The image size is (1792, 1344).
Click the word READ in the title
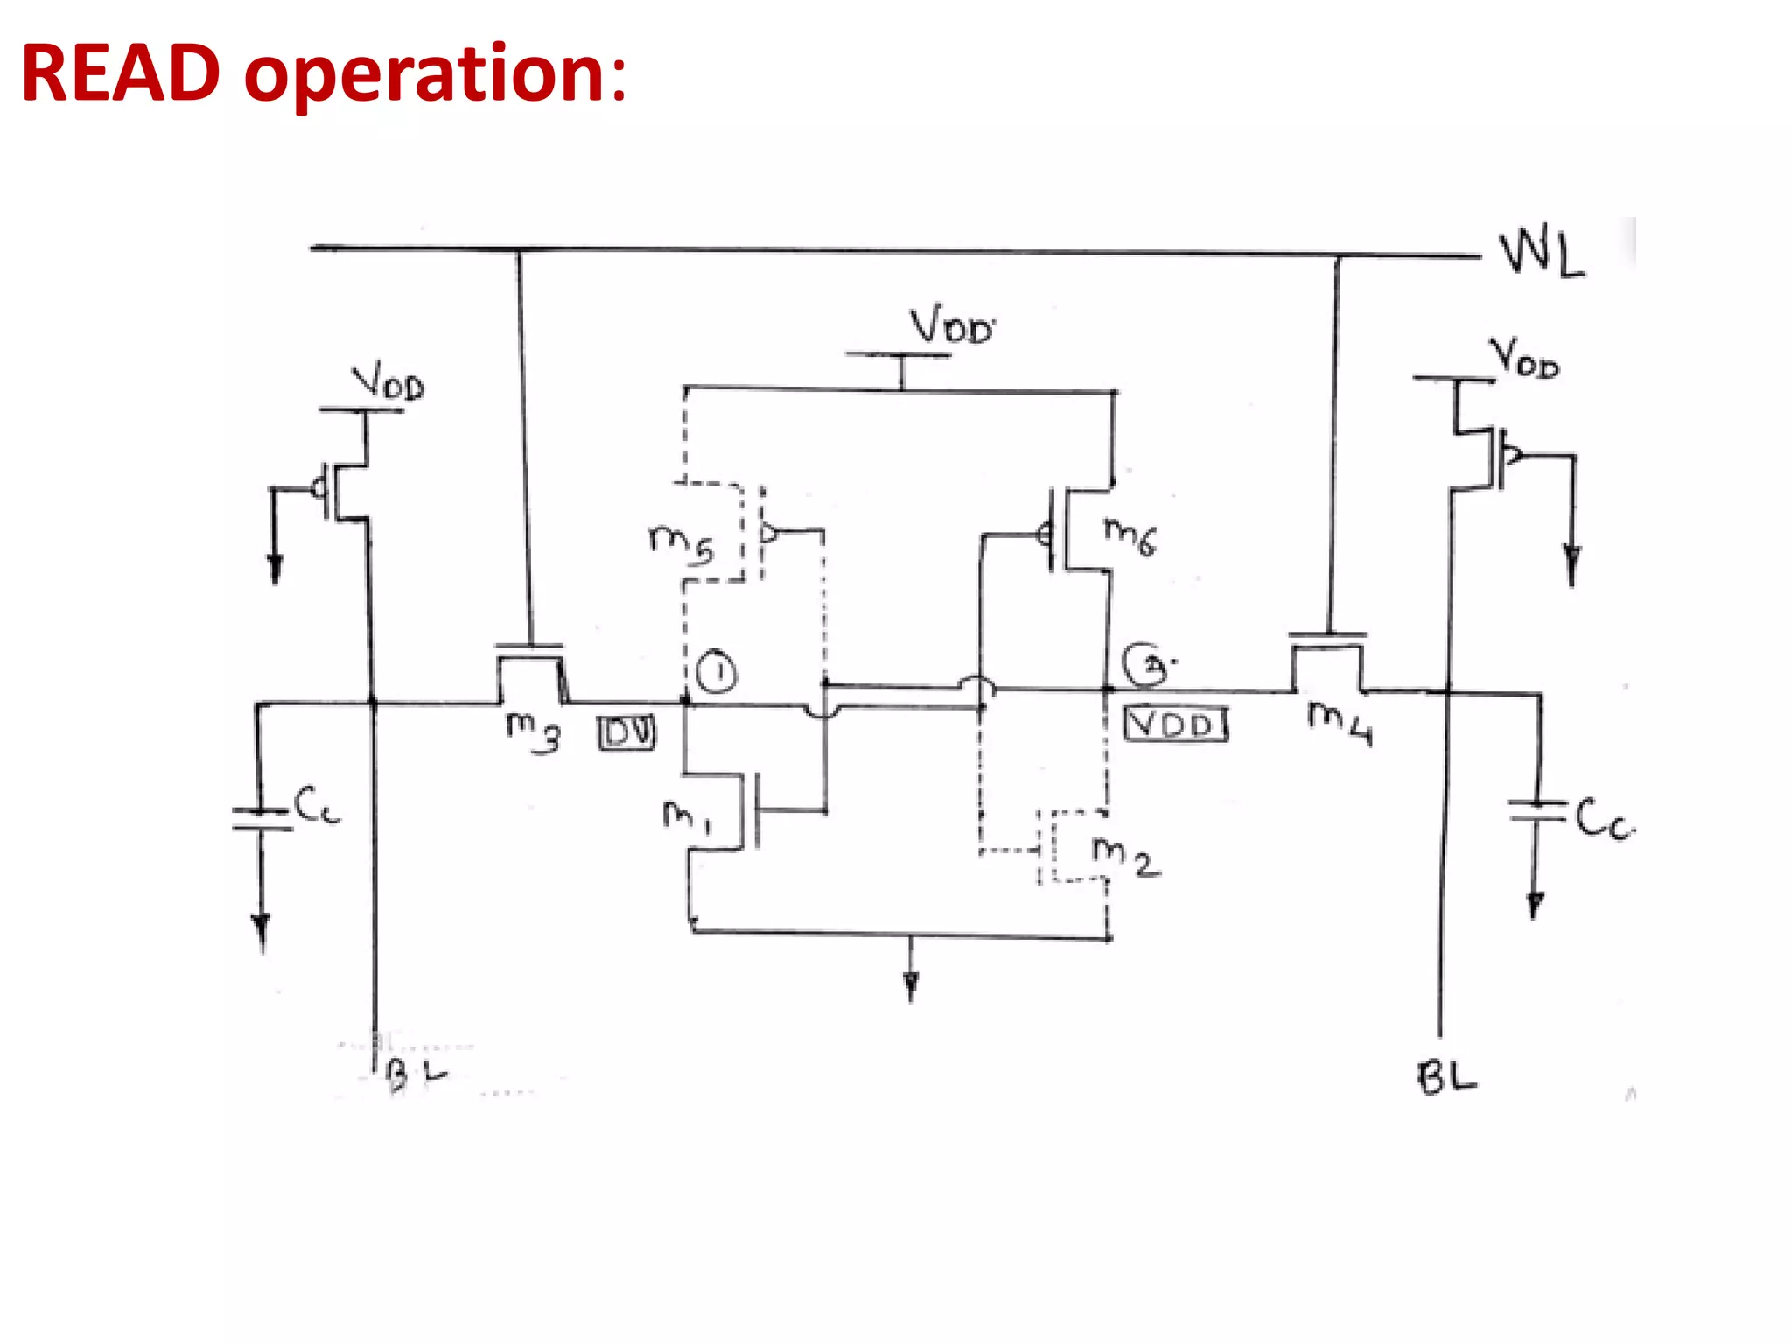[121, 73]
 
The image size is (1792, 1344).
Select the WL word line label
[1542, 254]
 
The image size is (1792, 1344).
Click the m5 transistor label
[681, 542]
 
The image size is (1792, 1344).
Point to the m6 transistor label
[1130, 535]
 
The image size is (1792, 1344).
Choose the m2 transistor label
[1125, 855]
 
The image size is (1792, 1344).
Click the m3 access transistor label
[533, 731]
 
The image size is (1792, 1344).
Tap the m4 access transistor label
[1340, 723]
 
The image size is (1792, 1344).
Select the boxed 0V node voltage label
[626, 733]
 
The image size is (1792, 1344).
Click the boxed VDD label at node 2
[1175, 724]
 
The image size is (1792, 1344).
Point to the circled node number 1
[717, 673]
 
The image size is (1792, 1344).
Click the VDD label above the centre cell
[951, 325]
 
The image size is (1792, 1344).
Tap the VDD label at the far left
[388, 383]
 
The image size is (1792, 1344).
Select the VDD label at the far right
[1524, 358]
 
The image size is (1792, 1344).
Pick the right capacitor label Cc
[1604, 820]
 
